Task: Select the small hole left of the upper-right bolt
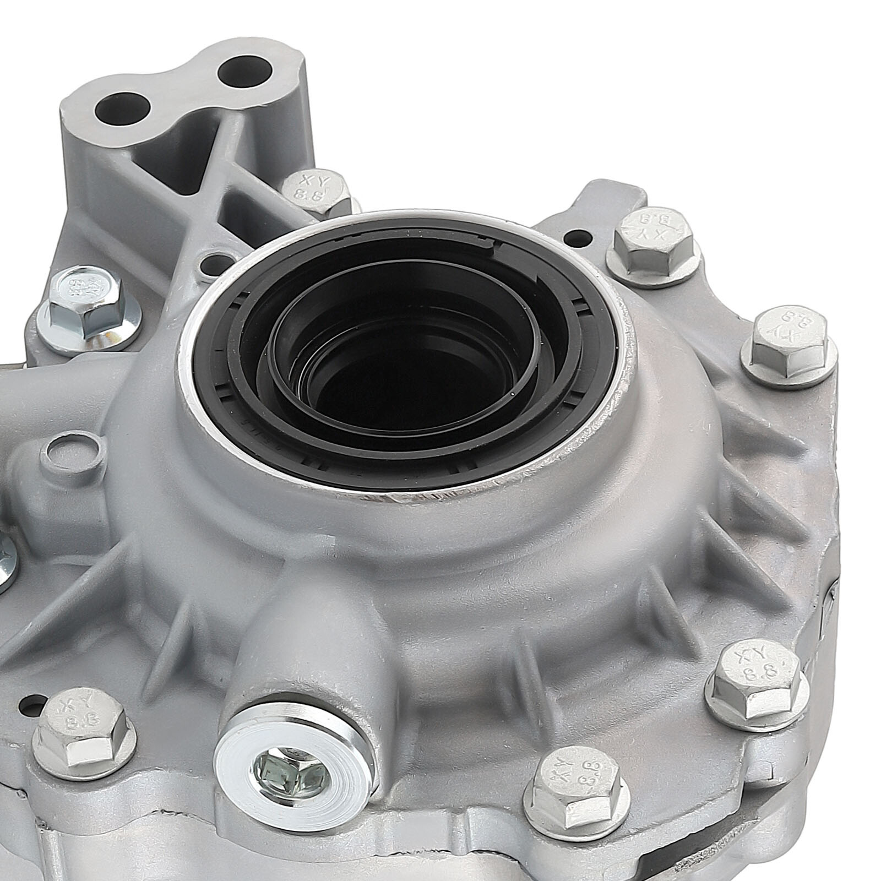(x=577, y=238)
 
